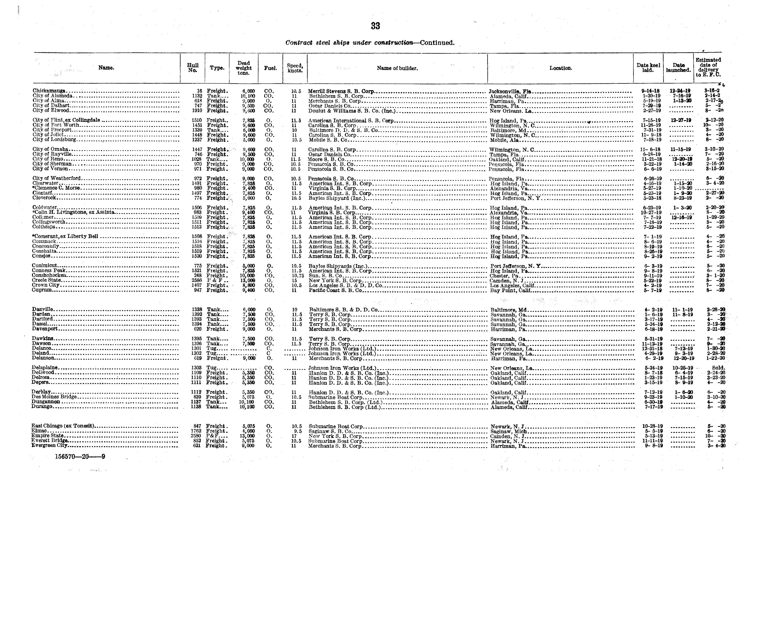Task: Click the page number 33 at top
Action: coord(375,26)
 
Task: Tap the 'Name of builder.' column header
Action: coord(397,68)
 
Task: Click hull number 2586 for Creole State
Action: coord(197,280)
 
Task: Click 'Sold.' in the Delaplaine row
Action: coord(718,368)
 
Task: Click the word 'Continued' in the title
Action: coord(437,43)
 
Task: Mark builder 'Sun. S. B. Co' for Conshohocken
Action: coord(325,276)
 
